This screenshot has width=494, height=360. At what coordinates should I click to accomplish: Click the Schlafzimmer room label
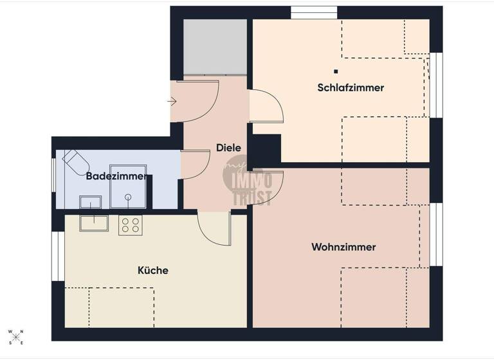[x=351, y=87]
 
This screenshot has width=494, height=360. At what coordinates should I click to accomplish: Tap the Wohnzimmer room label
[x=343, y=247]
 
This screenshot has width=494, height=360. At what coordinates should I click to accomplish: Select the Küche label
[x=153, y=270]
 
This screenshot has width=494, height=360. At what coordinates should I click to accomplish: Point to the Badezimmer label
[x=116, y=175]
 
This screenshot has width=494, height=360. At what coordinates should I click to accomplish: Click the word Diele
[x=228, y=147]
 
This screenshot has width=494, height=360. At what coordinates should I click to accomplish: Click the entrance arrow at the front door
[x=172, y=101]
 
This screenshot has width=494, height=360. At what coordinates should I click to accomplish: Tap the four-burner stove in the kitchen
[x=130, y=224]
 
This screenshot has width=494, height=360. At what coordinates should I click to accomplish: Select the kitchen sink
[x=94, y=222]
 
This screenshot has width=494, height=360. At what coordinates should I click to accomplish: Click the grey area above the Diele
[x=215, y=47]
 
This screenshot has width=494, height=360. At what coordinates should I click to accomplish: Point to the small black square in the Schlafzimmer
[x=336, y=71]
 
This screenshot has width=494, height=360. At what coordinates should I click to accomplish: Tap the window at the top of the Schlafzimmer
[x=314, y=12]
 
